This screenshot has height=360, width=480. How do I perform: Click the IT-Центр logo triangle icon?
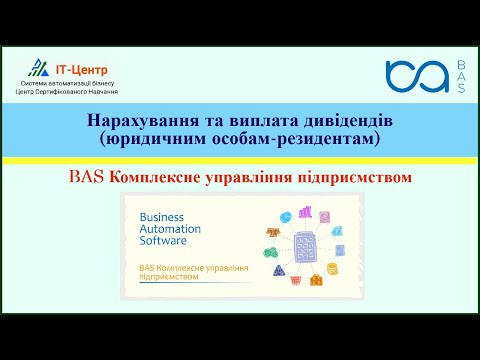(x=38, y=68)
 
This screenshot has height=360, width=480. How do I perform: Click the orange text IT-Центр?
(x=76, y=64)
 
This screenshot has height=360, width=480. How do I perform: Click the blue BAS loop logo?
(x=415, y=76)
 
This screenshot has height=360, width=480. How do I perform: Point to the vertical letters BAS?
(x=460, y=76)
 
